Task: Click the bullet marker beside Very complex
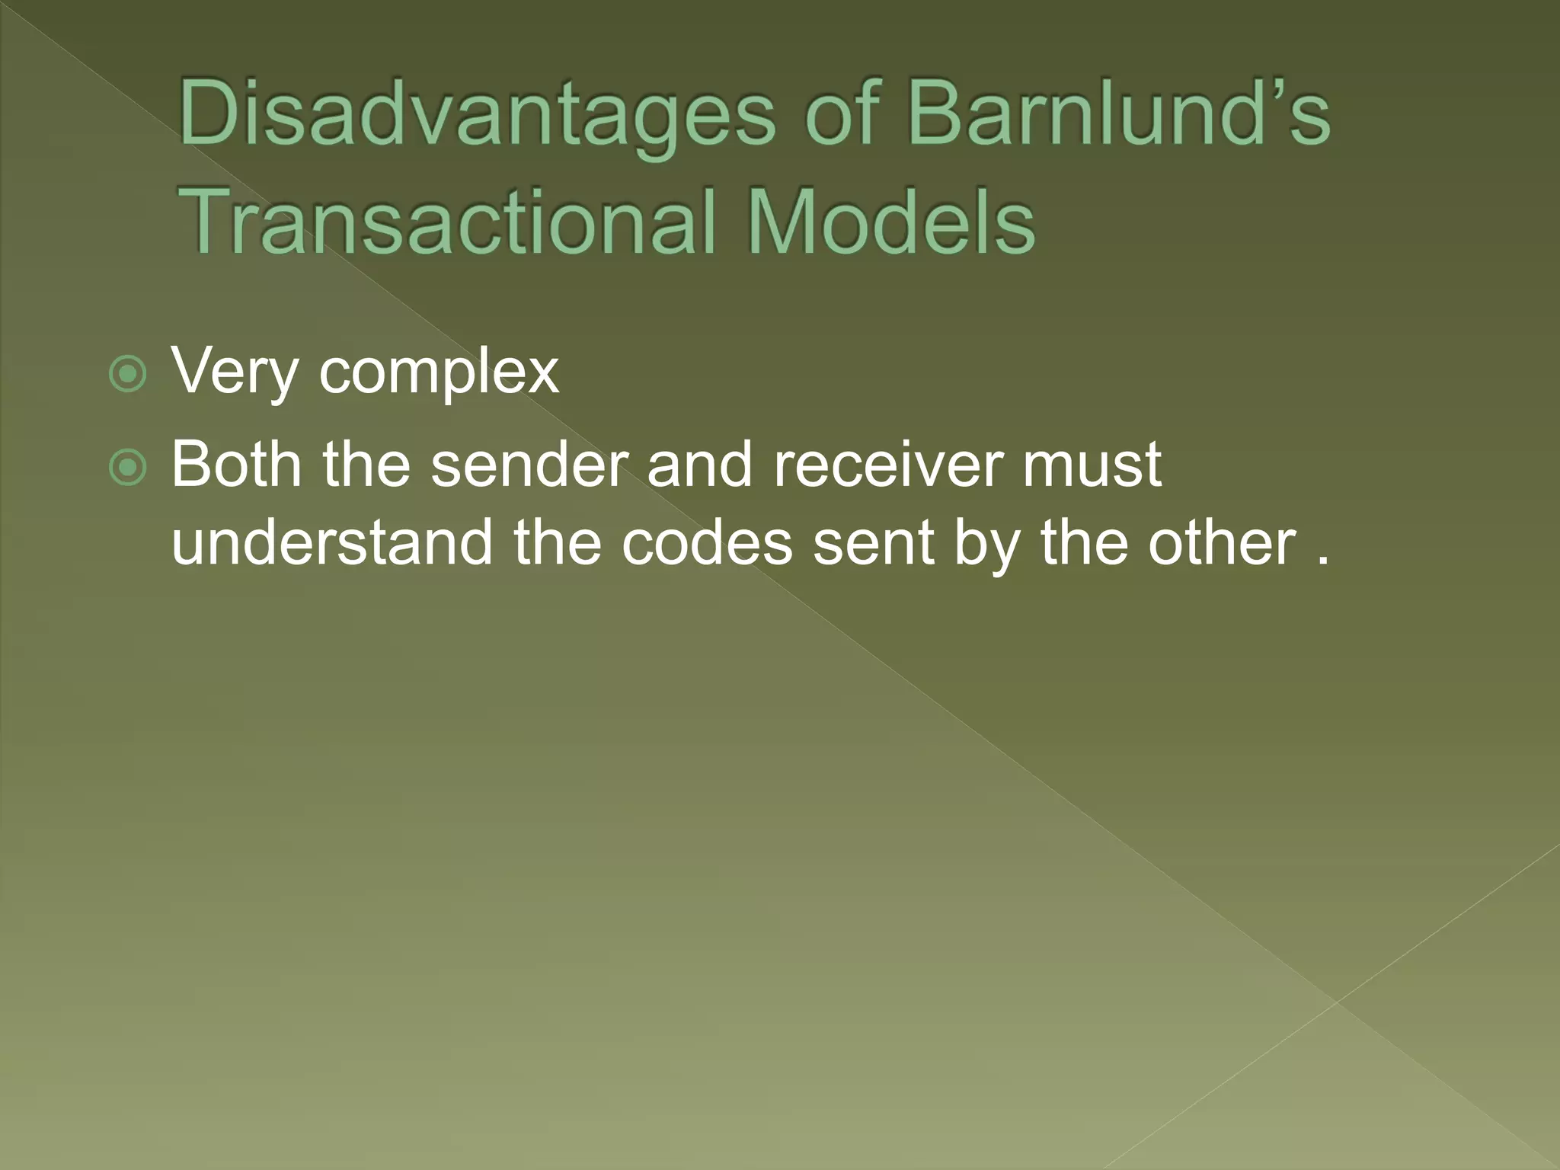coord(127,374)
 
